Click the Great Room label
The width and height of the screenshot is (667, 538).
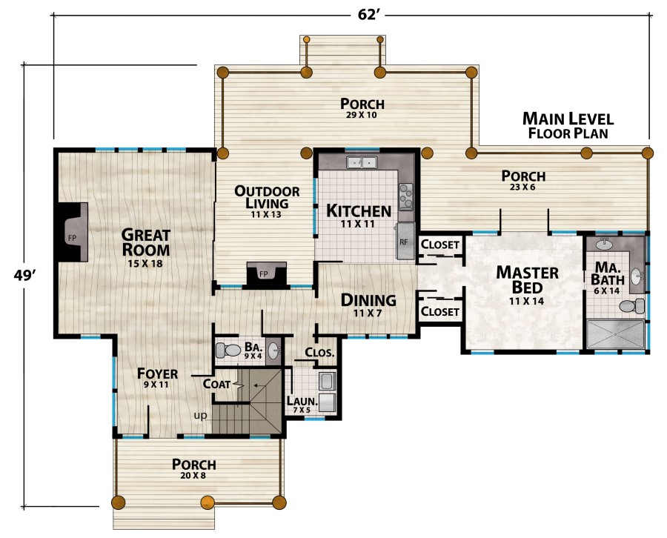click(x=145, y=242)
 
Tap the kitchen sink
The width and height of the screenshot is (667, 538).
click(x=362, y=162)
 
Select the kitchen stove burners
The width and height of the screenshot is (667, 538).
click(x=406, y=196)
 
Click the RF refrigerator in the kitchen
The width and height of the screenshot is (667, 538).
click(x=405, y=241)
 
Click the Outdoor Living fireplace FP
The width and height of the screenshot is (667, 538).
click(x=266, y=274)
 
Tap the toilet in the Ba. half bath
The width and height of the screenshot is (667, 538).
click(x=228, y=351)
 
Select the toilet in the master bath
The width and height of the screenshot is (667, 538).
click(x=633, y=306)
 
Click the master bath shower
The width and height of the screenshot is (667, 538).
click(x=616, y=334)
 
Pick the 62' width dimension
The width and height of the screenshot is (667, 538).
click(x=368, y=15)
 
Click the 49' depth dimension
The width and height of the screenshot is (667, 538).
click(x=24, y=275)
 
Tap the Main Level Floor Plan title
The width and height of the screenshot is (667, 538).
click(x=568, y=125)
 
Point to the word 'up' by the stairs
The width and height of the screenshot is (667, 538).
click(x=200, y=415)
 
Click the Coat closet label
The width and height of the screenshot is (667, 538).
click(x=216, y=384)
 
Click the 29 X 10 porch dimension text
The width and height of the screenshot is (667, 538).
click(x=361, y=115)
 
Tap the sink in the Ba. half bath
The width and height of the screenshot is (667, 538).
click(x=273, y=351)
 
